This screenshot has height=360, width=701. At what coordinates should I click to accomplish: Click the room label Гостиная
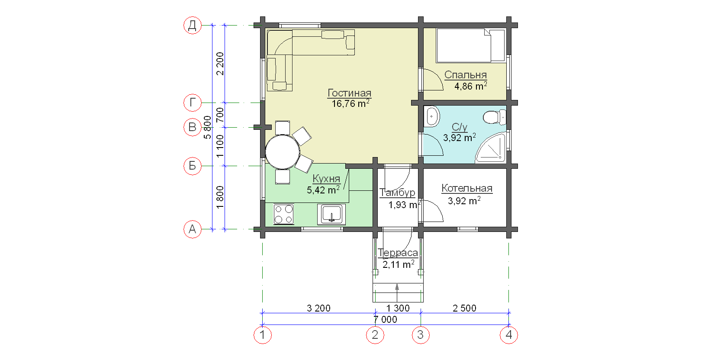pyautogui.click(x=350, y=93)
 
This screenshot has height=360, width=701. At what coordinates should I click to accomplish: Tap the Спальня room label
pyautogui.click(x=466, y=75)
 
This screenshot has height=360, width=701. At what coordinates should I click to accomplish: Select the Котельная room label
pyautogui.click(x=467, y=188)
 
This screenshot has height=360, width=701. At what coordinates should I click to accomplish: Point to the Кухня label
pyautogui.click(x=326, y=179)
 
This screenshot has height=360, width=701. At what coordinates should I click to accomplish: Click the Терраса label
pyautogui.click(x=398, y=253)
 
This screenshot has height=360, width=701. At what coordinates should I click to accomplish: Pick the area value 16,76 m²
pyautogui.click(x=350, y=103)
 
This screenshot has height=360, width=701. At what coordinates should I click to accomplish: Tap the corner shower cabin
pyautogui.click(x=491, y=148)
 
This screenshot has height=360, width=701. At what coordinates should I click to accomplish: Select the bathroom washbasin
pyautogui.click(x=432, y=116)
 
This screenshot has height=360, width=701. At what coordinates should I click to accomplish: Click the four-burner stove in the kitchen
pyautogui.click(x=283, y=214)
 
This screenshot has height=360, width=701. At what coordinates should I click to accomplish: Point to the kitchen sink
pyautogui.click(x=331, y=214)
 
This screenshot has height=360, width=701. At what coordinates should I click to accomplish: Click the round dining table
pyautogui.click(x=283, y=152)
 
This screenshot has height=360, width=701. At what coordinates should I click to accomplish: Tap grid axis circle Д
pyautogui.click(x=193, y=26)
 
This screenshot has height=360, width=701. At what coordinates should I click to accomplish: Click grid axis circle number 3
pyautogui.click(x=421, y=335)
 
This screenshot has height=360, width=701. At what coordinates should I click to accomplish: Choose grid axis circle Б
pyautogui.click(x=193, y=166)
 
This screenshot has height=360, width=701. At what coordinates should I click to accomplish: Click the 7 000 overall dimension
pyautogui.click(x=385, y=320)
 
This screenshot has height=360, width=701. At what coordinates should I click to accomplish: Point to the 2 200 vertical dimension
pyautogui.click(x=220, y=64)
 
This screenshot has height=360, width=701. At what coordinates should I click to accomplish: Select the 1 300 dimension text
pyautogui.click(x=398, y=309)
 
